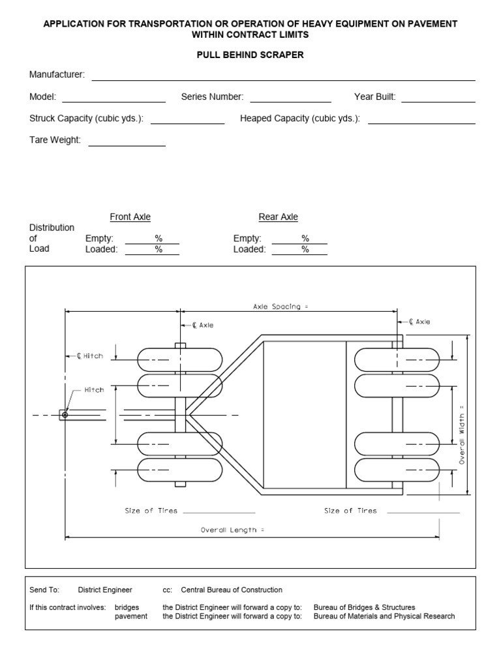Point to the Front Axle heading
coord(130,217)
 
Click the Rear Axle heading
coord(279,217)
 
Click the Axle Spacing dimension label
coord(280,306)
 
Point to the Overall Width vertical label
coord(461,435)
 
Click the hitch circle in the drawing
coord(65,414)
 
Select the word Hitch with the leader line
coord(94,390)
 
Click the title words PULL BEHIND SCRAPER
coord(250,55)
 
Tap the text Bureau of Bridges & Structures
coord(364,607)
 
